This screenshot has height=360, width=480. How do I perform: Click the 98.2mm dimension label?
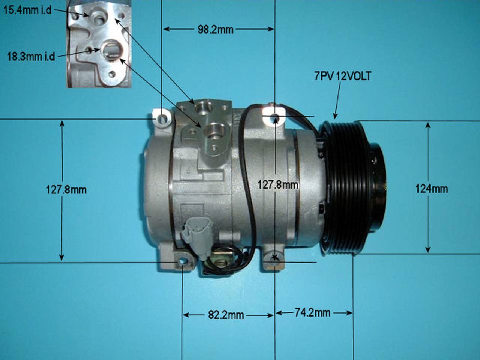215,30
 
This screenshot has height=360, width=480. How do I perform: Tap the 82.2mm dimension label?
226,315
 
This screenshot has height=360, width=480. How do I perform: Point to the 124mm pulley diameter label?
431,189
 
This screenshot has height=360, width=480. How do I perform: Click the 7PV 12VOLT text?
343,76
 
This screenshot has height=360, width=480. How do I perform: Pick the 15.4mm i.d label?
27,10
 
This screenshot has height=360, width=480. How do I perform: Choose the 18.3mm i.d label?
31,57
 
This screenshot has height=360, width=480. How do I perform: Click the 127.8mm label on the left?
66,190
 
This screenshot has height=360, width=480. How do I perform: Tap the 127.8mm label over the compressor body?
278,184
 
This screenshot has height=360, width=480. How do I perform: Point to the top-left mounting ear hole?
162,118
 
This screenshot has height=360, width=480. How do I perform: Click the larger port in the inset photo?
111,49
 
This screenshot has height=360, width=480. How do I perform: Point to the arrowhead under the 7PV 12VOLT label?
335,116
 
